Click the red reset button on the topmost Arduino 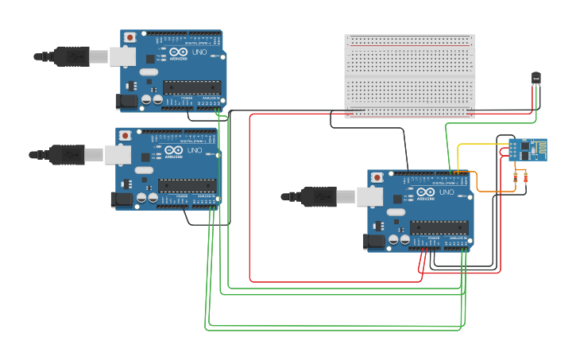click(130, 37)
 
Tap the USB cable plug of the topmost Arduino click(72, 56)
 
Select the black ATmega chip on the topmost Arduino click(191, 87)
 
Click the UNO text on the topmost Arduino click(199, 52)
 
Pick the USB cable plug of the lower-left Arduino click(68, 154)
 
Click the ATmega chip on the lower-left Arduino click(187, 185)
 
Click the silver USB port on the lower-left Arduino click(118, 154)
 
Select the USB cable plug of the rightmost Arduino click(318, 196)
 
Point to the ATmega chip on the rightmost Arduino click(439, 227)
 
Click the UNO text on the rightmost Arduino click(446, 192)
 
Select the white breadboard click(410, 76)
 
